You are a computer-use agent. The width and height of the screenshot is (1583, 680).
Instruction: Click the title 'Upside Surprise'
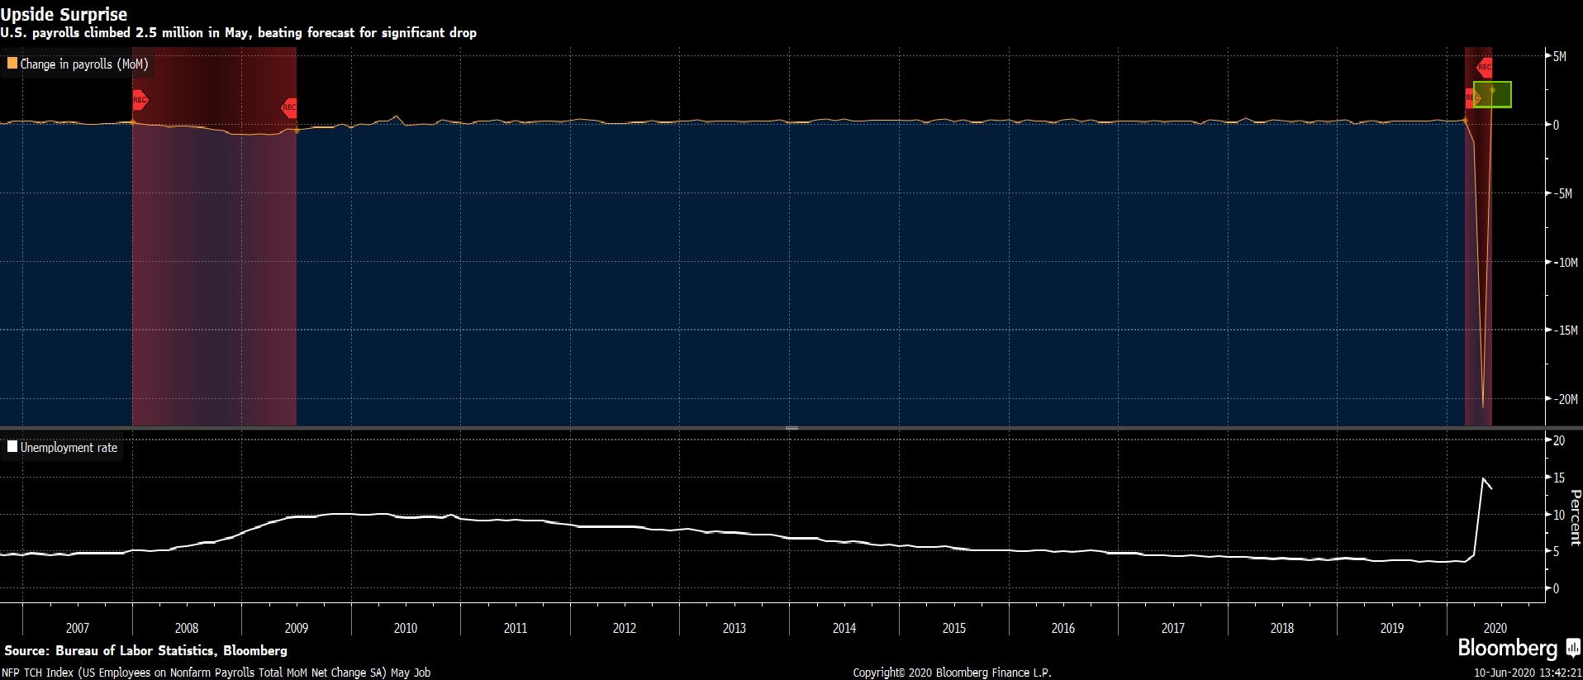(64, 14)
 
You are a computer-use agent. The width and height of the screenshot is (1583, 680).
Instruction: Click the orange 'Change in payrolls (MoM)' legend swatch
(12, 63)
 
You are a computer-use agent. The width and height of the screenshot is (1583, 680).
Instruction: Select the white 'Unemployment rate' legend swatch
(12, 447)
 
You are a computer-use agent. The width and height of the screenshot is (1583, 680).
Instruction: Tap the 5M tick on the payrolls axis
(1559, 57)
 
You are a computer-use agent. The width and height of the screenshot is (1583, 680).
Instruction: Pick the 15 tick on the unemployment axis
(1558, 478)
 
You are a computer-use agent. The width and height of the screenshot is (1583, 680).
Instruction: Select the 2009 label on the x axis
(296, 628)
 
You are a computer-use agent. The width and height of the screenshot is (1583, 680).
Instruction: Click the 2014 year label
(844, 628)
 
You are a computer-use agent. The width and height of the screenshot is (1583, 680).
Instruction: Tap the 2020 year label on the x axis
(1495, 628)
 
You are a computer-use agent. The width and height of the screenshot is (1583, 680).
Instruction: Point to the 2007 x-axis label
(77, 628)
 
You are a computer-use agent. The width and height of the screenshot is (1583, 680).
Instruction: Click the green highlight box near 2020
(1492, 94)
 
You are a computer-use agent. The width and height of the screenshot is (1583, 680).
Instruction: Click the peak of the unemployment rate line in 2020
(1483, 478)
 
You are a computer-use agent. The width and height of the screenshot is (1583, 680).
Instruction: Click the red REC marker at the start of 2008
(140, 100)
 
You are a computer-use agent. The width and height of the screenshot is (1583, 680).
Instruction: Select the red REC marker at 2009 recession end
(289, 107)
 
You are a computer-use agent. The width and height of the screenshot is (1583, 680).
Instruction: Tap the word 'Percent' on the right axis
(1575, 517)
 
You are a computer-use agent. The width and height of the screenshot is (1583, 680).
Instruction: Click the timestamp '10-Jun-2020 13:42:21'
(1528, 673)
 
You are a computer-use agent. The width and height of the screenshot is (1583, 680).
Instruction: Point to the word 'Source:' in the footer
(27, 651)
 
